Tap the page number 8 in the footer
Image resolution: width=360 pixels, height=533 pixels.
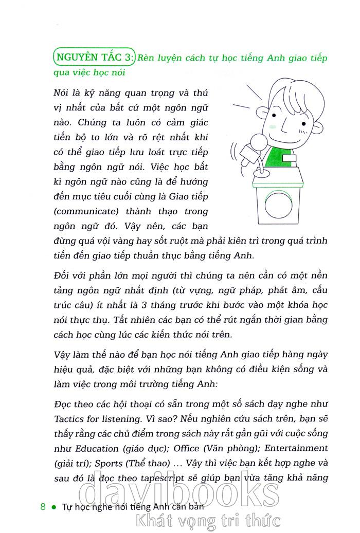coord(43,506)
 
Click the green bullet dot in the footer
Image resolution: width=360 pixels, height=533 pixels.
coord(54,507)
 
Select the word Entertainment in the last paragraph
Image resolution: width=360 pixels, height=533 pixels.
coord(297,448)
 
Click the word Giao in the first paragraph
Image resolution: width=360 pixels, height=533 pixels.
coord(179,197)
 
